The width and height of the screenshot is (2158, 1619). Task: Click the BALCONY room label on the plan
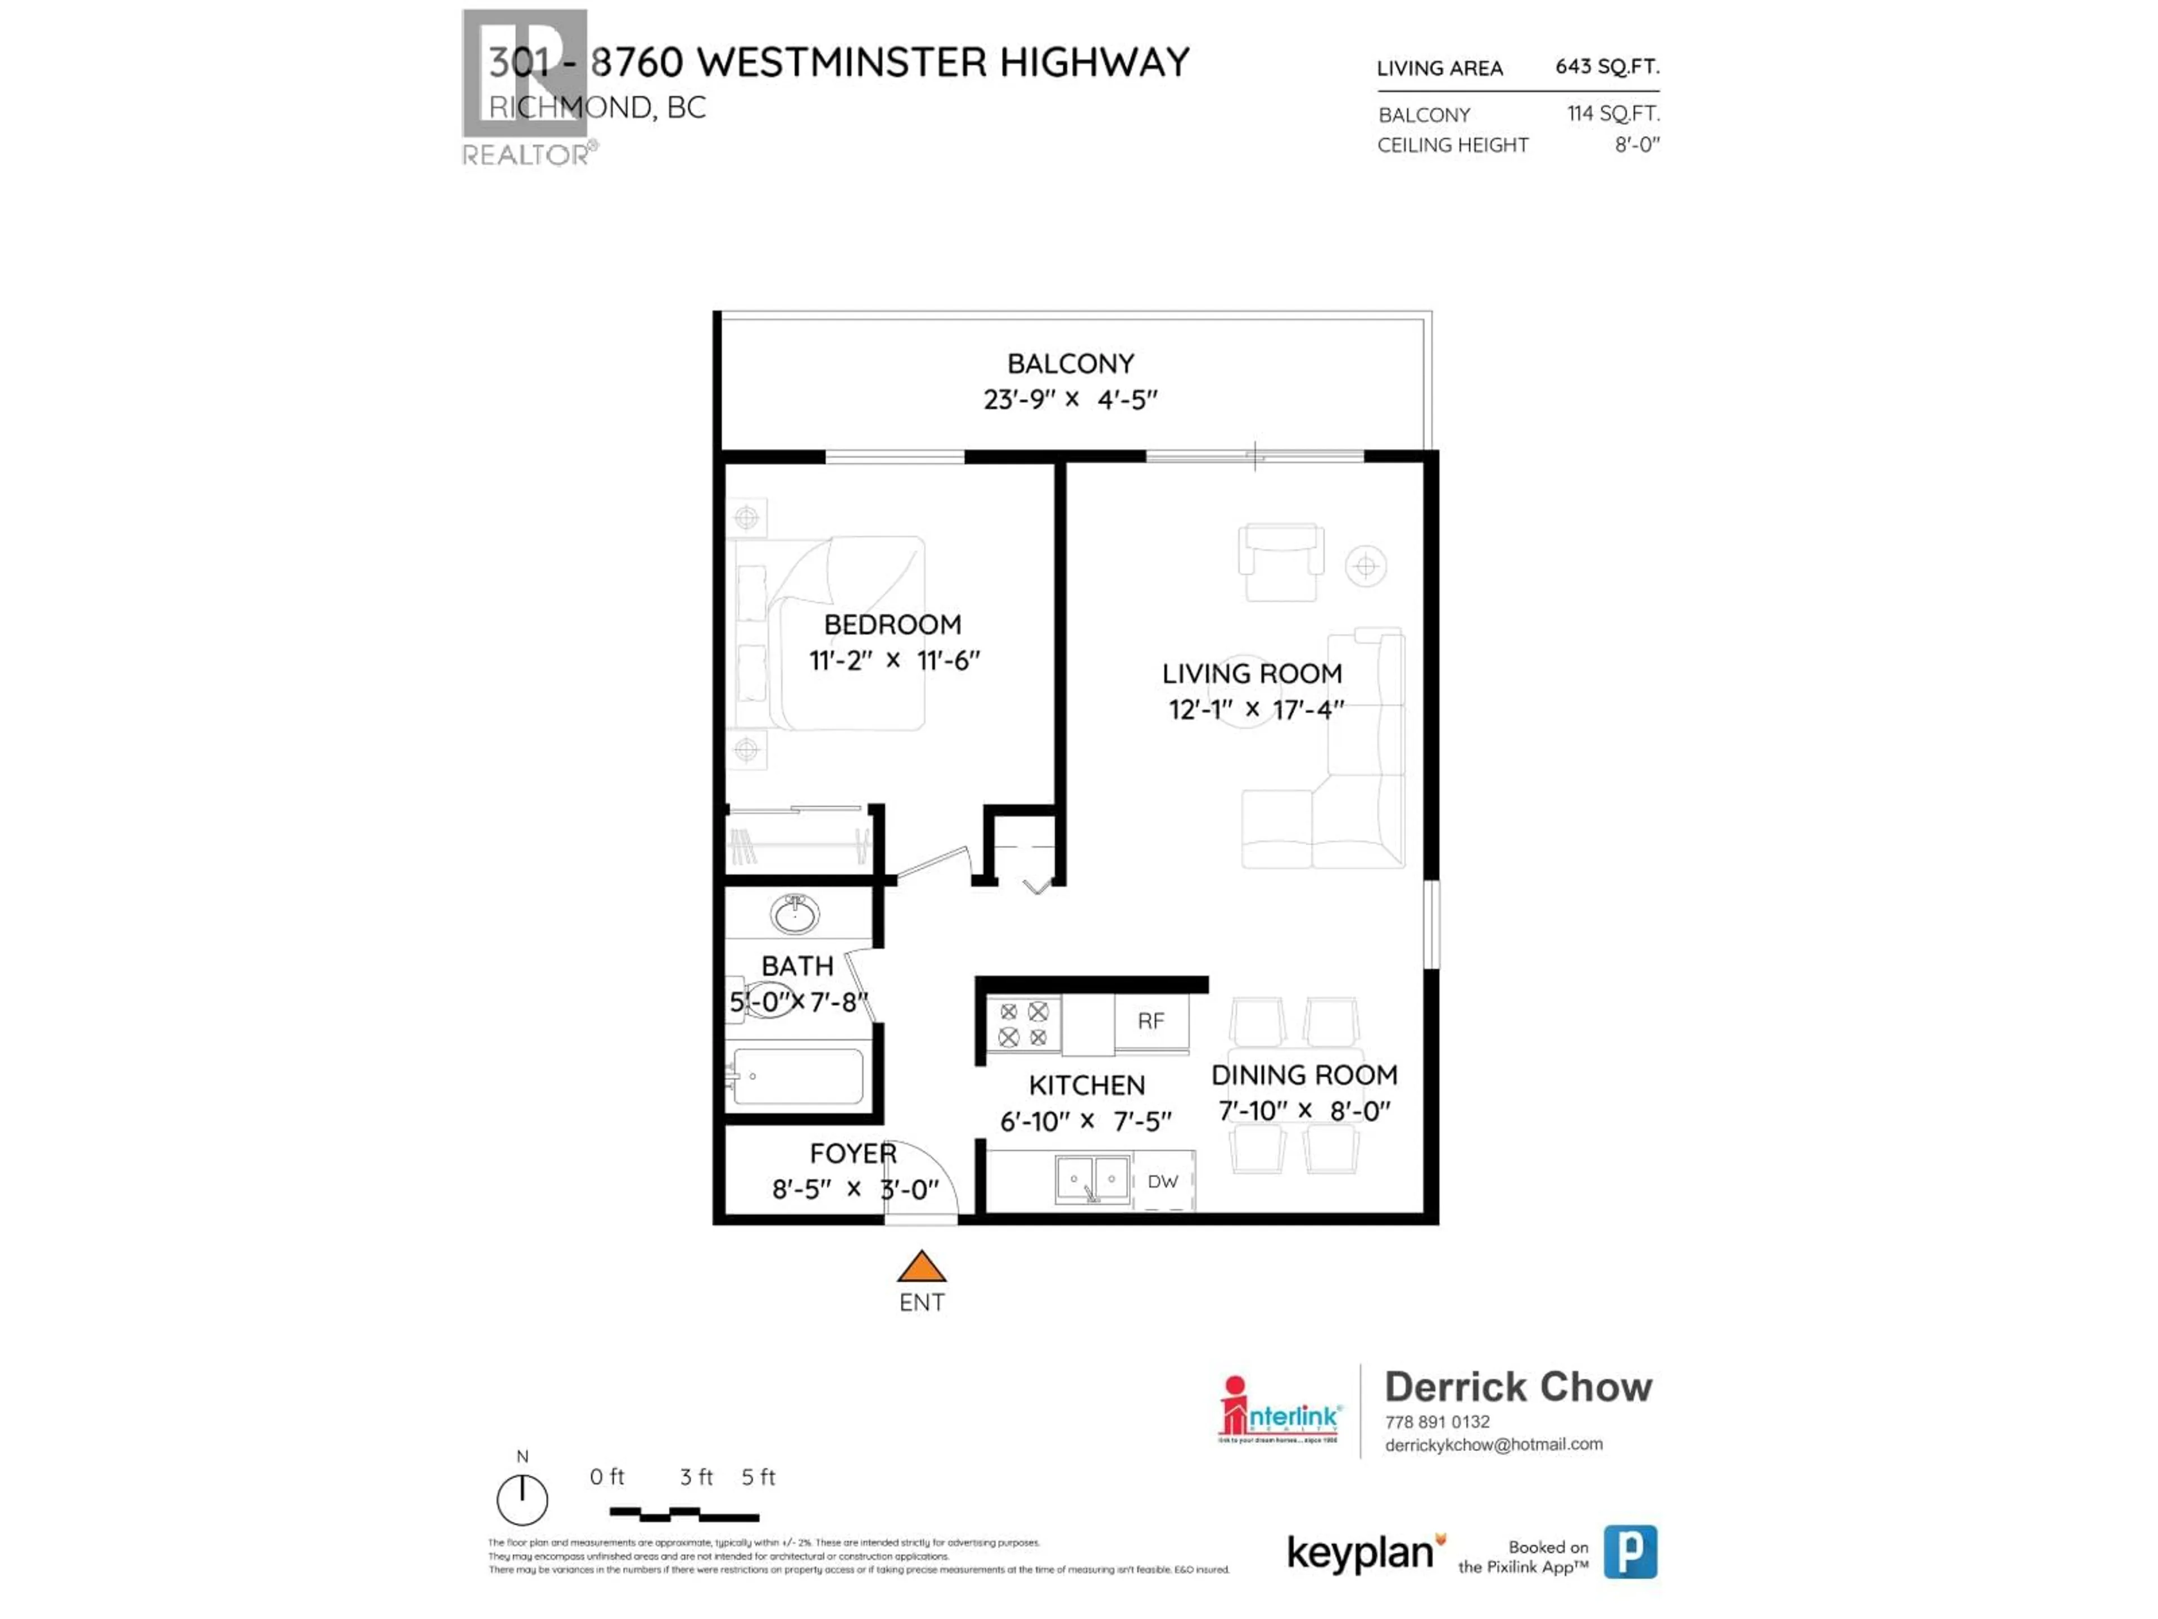1070,364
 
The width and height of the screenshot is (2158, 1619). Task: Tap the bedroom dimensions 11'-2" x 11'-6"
894,661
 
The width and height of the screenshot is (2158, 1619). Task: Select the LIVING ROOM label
1252,673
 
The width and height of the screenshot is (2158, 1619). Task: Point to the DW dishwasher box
1163,1182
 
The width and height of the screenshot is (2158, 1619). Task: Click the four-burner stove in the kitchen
1023,1025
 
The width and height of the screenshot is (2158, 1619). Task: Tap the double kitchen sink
1092,1179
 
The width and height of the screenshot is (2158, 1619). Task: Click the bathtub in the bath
798,1077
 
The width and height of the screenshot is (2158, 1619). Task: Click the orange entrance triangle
921,1268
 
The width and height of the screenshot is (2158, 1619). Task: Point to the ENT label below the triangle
921,1303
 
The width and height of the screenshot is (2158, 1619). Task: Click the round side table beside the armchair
1366,566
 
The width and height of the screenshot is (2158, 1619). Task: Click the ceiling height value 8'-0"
1636,144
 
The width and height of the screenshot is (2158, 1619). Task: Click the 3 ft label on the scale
696,1477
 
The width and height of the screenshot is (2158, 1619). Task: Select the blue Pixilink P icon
1630,1552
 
